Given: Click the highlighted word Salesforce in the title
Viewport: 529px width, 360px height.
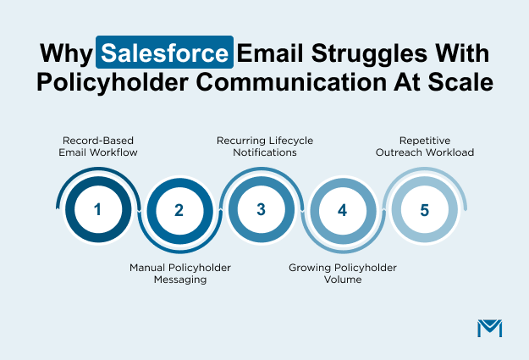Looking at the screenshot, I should coord(165,53).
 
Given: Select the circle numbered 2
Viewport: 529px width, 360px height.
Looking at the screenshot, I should coord(179,210).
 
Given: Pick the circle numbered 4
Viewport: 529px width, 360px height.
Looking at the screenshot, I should coord(343,210).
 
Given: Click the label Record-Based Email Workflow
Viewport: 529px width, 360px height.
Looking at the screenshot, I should coord(97,147).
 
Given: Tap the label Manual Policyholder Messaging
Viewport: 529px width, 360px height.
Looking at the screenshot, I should coord(179,274).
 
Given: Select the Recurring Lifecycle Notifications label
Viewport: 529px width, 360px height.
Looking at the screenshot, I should coord(261,147).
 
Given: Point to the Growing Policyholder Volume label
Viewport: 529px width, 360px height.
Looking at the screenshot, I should coord(343,274).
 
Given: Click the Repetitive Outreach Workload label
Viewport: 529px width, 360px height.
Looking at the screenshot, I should coord(424,147).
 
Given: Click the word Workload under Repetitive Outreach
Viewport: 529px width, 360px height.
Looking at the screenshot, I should coord(449,153).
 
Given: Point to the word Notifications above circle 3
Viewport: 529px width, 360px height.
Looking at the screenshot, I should coord(261,153).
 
